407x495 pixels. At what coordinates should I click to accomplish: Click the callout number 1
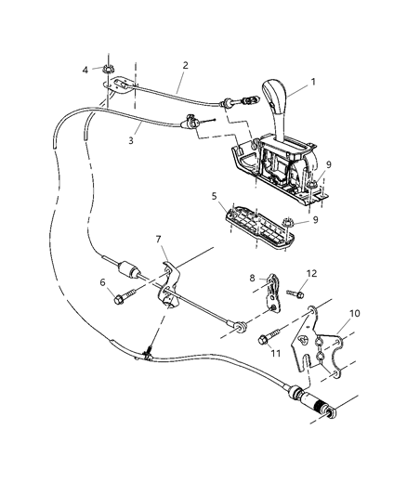(312, 81)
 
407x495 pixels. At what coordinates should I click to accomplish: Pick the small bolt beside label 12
(295, 293)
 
